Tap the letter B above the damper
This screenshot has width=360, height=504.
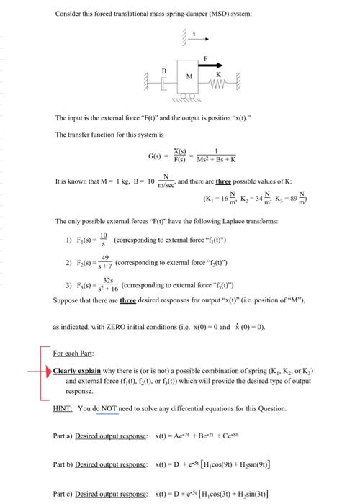163,71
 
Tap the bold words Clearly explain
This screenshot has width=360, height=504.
76,371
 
